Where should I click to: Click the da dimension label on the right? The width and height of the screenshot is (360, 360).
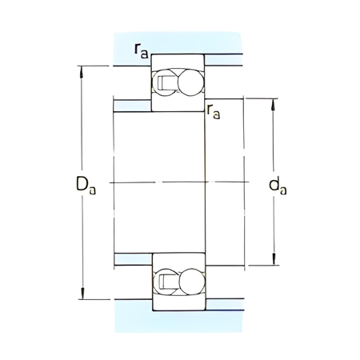278,186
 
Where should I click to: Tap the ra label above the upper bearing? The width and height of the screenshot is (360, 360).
141,52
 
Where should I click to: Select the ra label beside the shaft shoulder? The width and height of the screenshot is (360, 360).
214,112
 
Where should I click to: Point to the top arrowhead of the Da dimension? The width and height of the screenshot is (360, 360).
81,70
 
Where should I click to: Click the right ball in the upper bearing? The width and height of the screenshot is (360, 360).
190,84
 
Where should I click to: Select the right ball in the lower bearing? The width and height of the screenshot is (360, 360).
190,281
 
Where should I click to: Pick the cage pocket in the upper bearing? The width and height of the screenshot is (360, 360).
166,83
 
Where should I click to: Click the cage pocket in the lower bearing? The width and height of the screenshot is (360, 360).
166,281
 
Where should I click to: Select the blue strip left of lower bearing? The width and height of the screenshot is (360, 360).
132,258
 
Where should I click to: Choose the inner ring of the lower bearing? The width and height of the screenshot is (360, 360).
178,263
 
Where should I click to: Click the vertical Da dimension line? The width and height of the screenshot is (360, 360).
81,128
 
